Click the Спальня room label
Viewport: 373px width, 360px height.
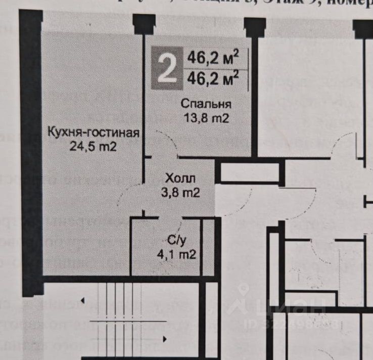(206, 105)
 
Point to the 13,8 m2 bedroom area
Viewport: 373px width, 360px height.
(206, 119)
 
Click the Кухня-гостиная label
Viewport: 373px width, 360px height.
(93, 133)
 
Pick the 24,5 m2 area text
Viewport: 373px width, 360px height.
(93, 147)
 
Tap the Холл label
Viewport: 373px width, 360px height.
(180, 178)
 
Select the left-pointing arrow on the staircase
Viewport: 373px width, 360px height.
(82, 302)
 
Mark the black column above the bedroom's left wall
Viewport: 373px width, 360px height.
(144, 24)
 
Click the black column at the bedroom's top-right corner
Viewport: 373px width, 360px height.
(254, 27)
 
